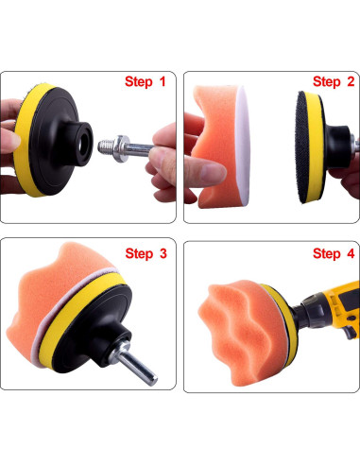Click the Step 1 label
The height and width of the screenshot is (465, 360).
click(x=146, y=81)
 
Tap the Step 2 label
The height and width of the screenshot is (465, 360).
click(x=334, y=81)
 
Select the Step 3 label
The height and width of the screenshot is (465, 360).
click(x=146, y=253)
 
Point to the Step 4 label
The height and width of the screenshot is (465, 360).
click(x=334, y=253)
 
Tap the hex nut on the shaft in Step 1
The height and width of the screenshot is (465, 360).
click(x=122, y=148)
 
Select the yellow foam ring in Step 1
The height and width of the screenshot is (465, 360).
click(x=26, y=140)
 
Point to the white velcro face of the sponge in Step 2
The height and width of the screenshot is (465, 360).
click(x=243, y=146)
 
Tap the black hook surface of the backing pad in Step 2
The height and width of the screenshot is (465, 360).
click(x=301, y=147)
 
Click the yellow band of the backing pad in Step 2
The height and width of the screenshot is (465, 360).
click(x=314, y=147)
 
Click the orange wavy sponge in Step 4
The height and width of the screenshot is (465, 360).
click(x=244, y=331)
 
